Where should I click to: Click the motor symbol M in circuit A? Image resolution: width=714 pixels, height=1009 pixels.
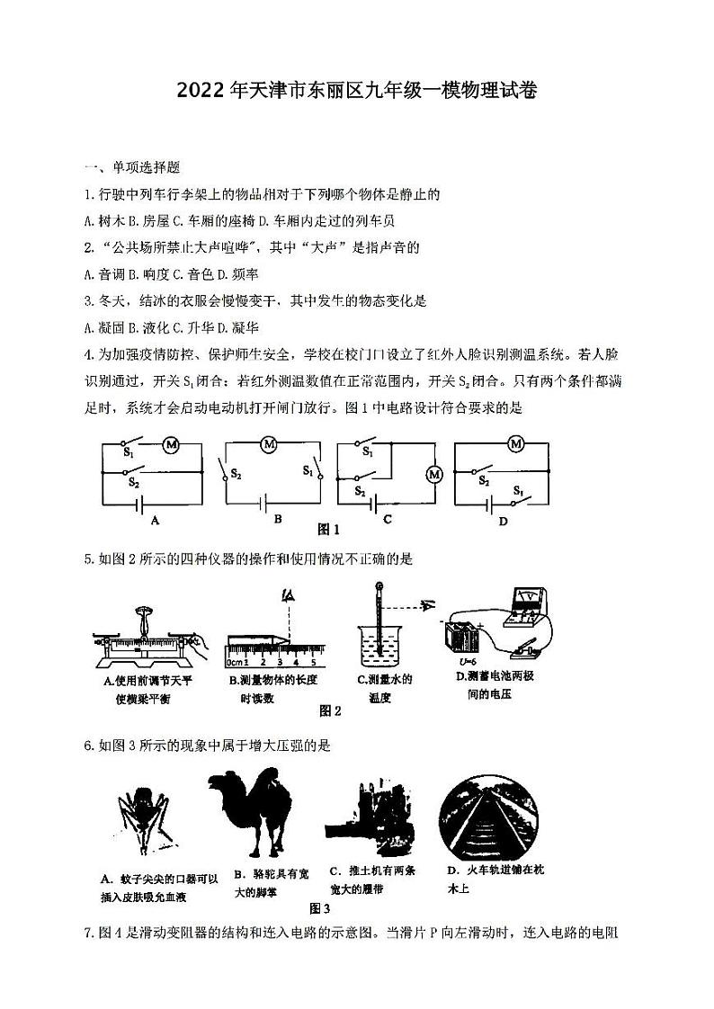(171, 444)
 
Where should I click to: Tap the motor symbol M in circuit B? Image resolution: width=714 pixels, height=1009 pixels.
(268, 444)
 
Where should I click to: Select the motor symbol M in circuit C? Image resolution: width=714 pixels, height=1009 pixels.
(435, 474)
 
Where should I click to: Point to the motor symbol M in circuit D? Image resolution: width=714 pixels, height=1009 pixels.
(516, 444)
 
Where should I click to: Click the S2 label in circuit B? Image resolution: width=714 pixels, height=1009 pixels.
(237, 474)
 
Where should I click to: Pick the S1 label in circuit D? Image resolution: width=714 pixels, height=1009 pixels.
(519, 491)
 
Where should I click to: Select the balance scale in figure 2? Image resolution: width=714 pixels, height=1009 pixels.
(144, 634)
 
